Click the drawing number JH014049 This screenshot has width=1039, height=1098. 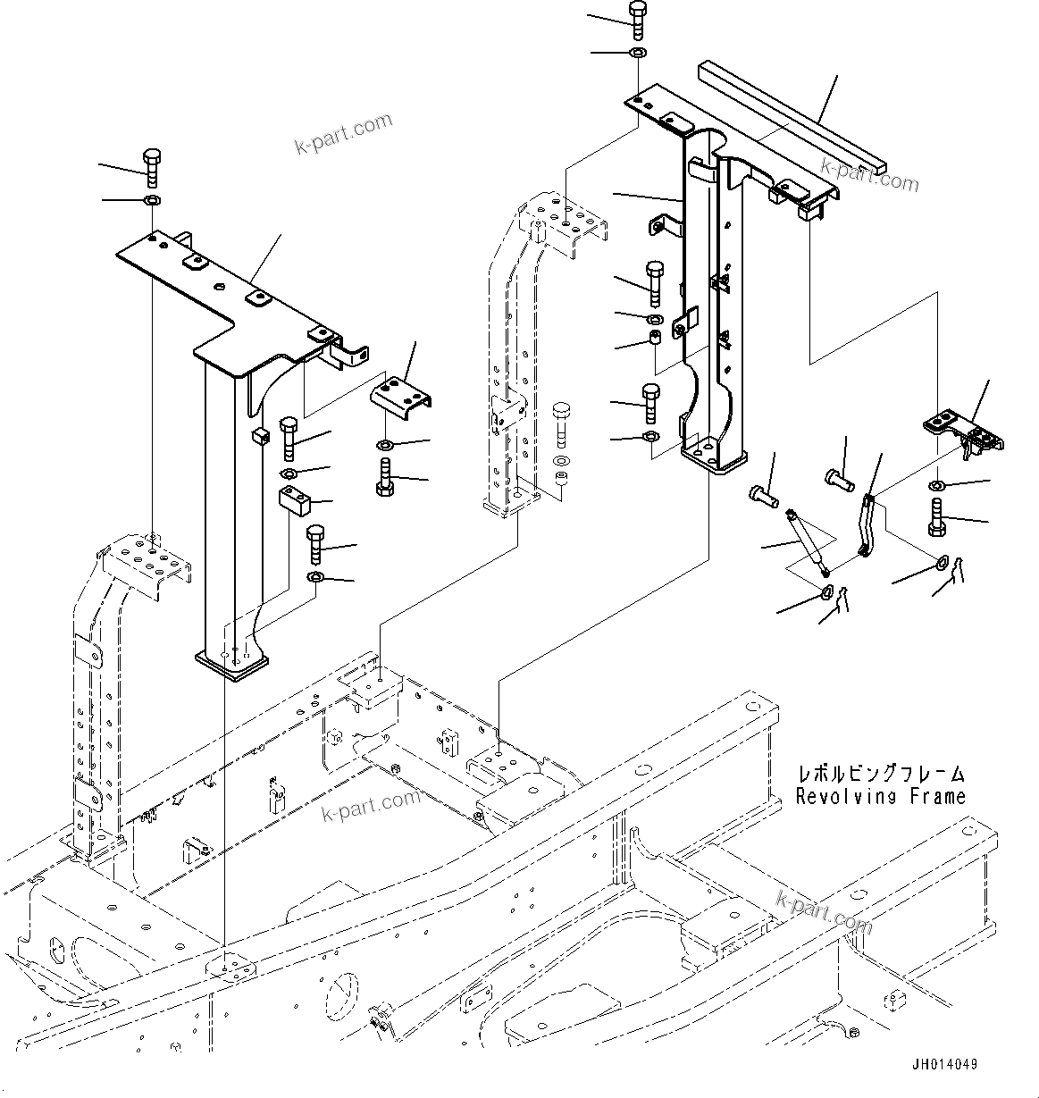pos(944,1064)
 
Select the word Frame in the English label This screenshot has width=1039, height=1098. pos(936,796)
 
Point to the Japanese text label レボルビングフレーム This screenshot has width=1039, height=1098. pos(881,774)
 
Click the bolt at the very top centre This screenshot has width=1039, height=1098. pos(637,19)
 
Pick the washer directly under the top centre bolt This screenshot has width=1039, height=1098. pos(638,54)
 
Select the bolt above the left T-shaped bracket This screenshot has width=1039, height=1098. pos(151,167)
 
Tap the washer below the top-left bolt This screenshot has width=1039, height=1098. pos(151,198)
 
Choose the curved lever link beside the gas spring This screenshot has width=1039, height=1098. pos(866,526)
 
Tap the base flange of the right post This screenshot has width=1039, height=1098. pos(712,456)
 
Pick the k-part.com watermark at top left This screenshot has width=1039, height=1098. pos(343,133)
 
